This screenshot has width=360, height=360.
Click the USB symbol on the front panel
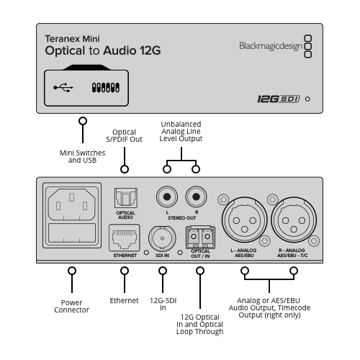click(63, 88)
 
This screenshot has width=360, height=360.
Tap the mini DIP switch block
click(106, 88)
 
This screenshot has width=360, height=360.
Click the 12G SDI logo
click(279, 99)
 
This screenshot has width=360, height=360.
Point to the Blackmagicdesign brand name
click(271, 46)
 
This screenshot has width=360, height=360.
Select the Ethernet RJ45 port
click(125, 238)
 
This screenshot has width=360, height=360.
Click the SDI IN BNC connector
click(162, 238)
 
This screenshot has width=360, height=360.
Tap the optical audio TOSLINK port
click(126, 198)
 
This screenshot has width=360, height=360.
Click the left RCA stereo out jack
click(167, 197)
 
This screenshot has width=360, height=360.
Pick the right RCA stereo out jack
click(196, 197)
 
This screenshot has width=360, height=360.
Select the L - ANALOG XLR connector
click(244, 220)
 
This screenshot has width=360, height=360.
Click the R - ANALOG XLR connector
click(294, 220)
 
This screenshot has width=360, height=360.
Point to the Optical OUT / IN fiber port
click(200, 238)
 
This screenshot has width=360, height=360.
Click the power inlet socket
click(72, 204)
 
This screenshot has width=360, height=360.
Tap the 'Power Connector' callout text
click(71, 306)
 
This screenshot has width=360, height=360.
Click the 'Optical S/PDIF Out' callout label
click(125, 135)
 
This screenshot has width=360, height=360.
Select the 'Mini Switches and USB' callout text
click(82, 156)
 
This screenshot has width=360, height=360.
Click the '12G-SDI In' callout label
click(163, 304)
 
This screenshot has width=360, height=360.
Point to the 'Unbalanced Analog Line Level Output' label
click(181, 132)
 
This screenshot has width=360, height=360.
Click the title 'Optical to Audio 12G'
click(103, 50)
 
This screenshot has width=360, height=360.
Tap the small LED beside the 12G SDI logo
click(307, 99)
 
